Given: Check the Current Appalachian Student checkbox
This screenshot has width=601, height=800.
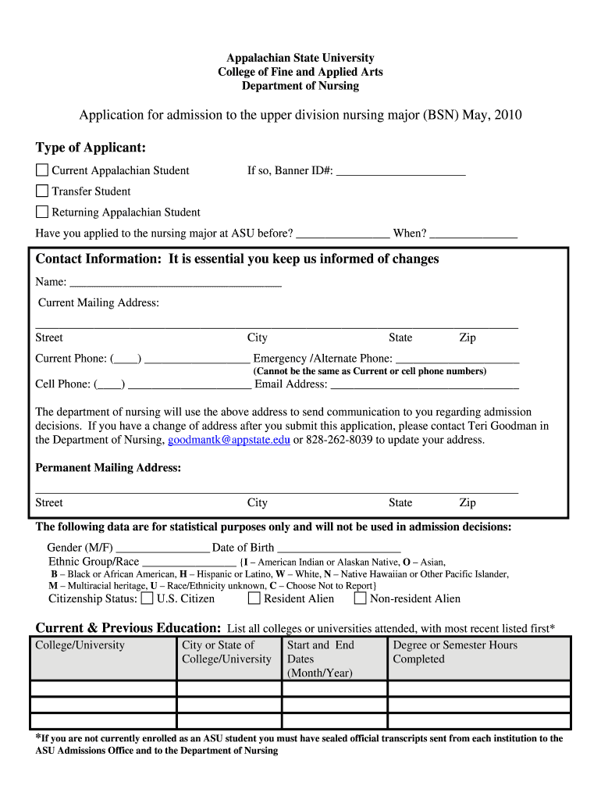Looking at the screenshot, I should (x=42, y=170).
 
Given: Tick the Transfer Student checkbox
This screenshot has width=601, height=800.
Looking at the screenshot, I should (x=42, y=191).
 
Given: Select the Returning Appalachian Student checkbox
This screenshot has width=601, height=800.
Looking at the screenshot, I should (x=42, y=212).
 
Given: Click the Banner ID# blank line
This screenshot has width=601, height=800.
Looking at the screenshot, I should (x=400, y=171).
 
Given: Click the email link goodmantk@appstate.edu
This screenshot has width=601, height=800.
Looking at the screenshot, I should (x=229, y=440).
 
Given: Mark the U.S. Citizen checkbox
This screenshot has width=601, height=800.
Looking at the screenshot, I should (x=147, y=598).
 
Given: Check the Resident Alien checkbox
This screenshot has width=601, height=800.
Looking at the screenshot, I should (x=254, y=598).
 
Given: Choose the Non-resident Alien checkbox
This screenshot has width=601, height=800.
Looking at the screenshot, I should (x=360, y=598).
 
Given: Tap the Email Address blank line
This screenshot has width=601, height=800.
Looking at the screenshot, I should (x=425, y=384).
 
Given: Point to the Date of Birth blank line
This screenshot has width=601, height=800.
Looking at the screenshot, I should (x=339, y=548).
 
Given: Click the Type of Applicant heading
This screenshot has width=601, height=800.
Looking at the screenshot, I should (x=91, y=148).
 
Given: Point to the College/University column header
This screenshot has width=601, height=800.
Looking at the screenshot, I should (x=80, y=645).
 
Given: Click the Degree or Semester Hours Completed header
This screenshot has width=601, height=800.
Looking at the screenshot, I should (x=455, y=652).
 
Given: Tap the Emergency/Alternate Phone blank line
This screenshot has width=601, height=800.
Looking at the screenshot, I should (x=457, y=359).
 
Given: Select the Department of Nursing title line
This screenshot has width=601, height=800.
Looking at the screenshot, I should (x=300, y=86).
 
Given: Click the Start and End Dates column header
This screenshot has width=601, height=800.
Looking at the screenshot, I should (x=321, y=659).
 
